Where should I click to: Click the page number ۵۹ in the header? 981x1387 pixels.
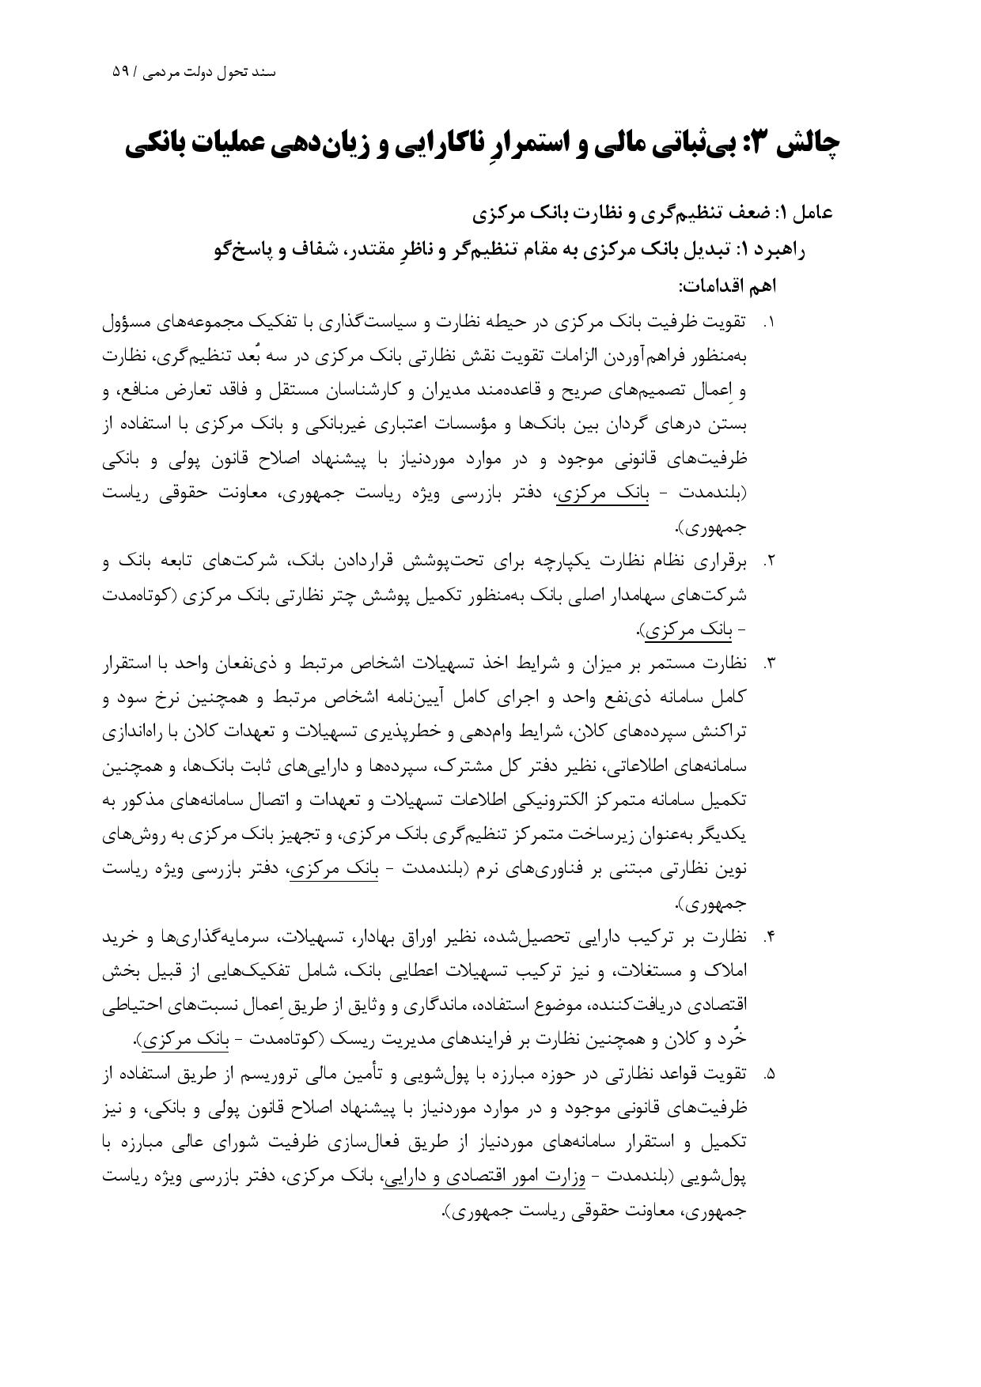click(120, 72)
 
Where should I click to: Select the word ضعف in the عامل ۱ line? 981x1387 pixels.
click(742, 214)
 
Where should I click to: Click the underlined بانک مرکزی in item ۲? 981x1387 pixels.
click(682, 631)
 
